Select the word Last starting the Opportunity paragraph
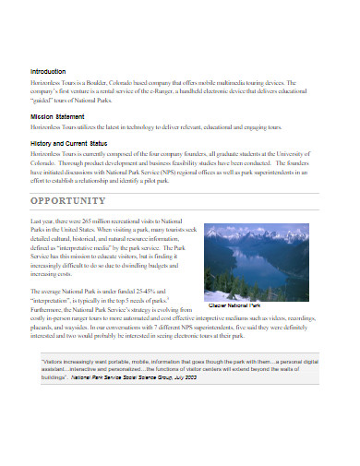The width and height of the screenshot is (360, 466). pos(37,222)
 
